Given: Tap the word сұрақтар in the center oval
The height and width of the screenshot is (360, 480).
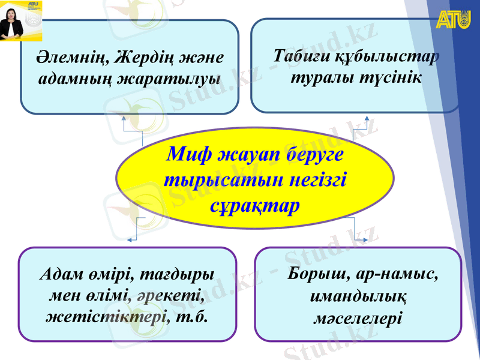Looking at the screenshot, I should pyautogui.click(x=255, y=205).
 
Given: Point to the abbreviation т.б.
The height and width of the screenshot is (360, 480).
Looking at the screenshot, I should pyautogui.click(x=193, y=316).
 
